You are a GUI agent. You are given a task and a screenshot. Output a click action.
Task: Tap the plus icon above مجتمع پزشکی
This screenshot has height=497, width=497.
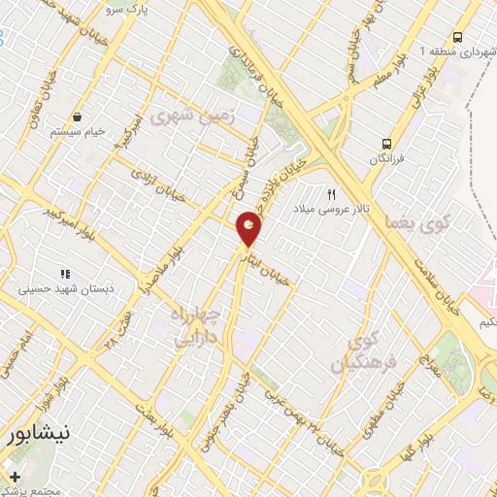click(x=15, y=477)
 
